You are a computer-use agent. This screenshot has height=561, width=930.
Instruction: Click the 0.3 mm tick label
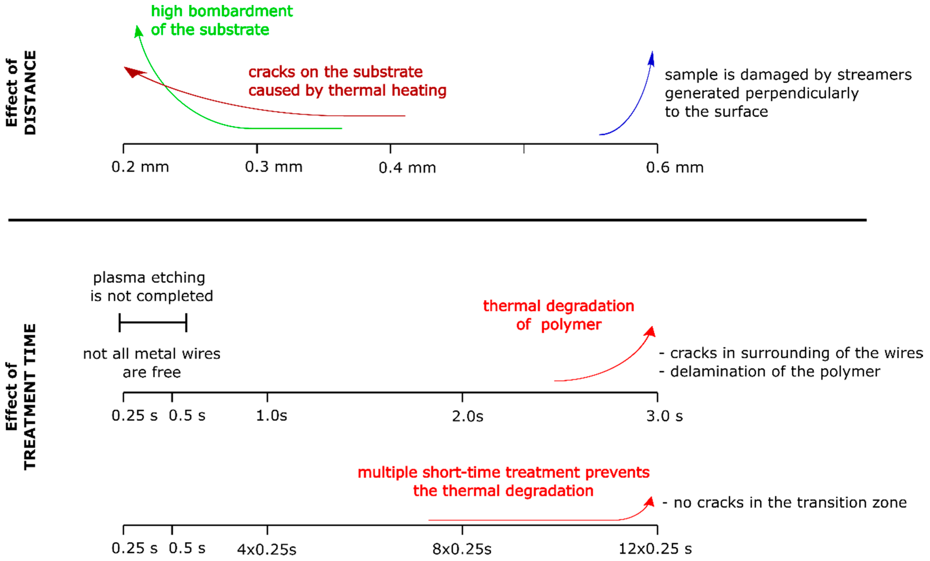pyautogui.click(x=274, y=167)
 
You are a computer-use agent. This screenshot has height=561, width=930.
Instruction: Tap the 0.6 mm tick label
pyautogui.click(x=675, y=168)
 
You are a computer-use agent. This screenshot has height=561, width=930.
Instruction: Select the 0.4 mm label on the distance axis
pyautogui.click(x=407, y=168)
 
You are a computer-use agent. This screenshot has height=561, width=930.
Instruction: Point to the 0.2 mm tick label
pyautogui.click(x=140, y=167)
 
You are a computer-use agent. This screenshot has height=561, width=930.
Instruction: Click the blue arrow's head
pyautogui.click(x=651, y=59)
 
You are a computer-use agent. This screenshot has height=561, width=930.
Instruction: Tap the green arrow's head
pyautogui.click(x=138, y=31)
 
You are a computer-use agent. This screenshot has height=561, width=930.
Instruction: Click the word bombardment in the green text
pyautogui.click(x=240, y=11)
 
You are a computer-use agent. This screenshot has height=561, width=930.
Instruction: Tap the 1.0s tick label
pyautogui.click(x=271, y=416)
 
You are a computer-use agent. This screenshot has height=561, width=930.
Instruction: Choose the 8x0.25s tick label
pyautogui.click(x=462, y=549)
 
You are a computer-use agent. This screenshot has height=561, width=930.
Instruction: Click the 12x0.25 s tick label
pyautogui.click(x=655, y=549)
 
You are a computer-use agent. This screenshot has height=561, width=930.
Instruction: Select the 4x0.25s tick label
pyautogui.click(x=267, y=550)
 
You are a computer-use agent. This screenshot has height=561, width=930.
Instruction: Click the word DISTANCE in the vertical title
pyautogui.click(x=30, y=92)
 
